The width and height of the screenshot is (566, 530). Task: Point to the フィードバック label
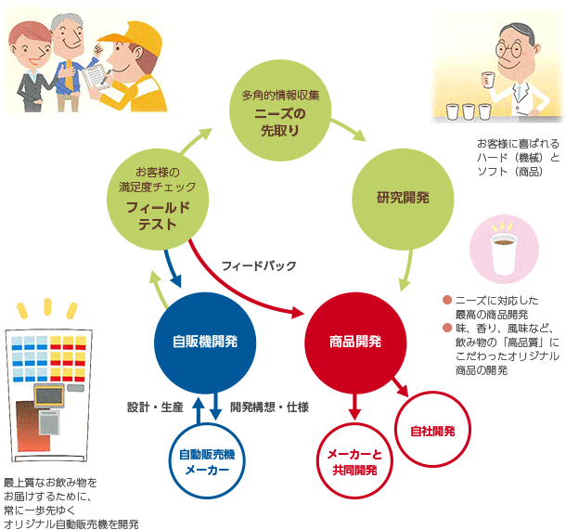point(259,266)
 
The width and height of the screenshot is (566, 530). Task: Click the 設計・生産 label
point(153,407)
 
